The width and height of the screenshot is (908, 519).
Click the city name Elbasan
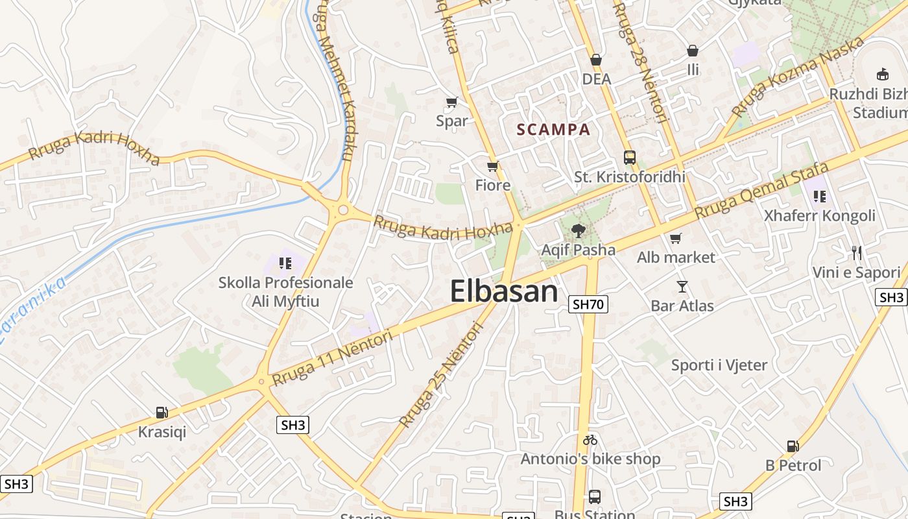tap(504, 291)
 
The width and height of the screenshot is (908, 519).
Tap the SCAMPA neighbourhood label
tap(554, 129)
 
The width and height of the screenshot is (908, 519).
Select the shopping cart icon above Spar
tap(452, 103)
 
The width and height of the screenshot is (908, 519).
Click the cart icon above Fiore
tap(493, 167)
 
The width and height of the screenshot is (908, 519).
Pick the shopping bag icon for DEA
tap(596, 60)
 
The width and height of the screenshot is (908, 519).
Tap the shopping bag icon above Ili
tap(693, 51)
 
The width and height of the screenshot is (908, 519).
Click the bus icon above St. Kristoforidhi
tap(629, 158)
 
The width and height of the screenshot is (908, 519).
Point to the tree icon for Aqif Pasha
tap(578, 230)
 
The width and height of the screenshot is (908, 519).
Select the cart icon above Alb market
tap(676, 239)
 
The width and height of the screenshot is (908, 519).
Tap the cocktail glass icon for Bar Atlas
tap(682, 287)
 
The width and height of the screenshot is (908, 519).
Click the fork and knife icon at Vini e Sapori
tap(857, 253)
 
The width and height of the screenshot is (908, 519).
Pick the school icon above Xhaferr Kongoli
tap(819, 196)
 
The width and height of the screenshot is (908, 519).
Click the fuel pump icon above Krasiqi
tap(161, 413)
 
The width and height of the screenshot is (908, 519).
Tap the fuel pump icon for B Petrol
tap(793, 446)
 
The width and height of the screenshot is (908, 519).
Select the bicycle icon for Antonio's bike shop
tap(590, 440)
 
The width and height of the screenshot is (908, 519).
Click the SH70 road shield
tap(588, 304)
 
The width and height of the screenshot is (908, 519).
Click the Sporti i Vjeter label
tap(719, 365)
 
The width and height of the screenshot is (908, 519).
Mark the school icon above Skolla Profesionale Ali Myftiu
tap(285, 263)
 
